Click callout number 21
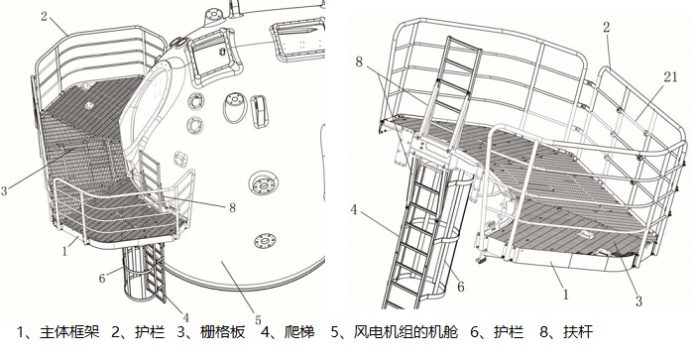[x=670, y=77]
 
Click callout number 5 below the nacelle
[x=258, y=320]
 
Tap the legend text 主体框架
[x=69, y=332]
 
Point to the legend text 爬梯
[x=299, y=332]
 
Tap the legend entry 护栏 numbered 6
[x=509, y=332]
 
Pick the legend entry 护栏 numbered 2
[x=150, y=332]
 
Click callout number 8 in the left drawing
[x=232, y=207]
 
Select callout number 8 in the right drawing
[x=359, y=62]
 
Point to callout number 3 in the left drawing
[x=4, y=191]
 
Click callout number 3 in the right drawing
[x=639, y=301]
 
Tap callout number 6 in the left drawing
[x=102, y=279]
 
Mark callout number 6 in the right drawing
[x=460, y=288]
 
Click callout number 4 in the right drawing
[x=354, y=210]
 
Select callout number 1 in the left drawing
[x=64, y=252]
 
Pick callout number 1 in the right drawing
[x=565, y=295]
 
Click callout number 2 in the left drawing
[x=44, y=17]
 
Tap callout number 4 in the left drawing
[x=185, y=317]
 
